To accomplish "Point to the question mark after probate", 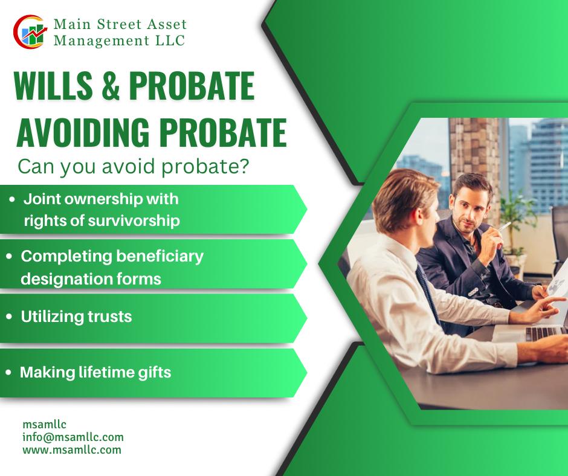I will pyautogui.click(x=245, y=167).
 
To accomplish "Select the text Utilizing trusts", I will pyautogui.click(x=76, y=317).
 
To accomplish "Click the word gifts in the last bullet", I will pyautogui.click(x=156, y=372).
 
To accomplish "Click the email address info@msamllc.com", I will pyautogui.click(x=73, y=437).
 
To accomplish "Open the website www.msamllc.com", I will pyautogui.click(x=72, y=450).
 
